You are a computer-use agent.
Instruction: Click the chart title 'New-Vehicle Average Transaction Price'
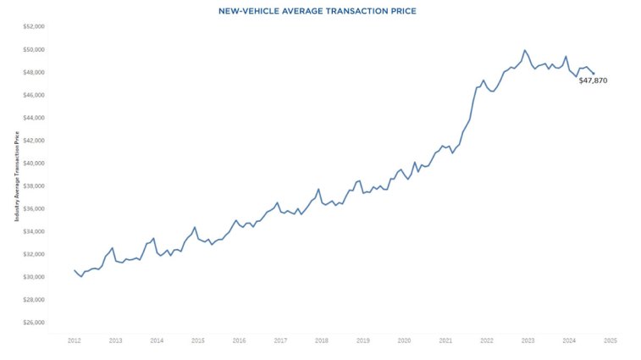click(321, 10)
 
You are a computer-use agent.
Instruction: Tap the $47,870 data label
click(593, 80)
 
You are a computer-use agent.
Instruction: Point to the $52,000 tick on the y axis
click(33, 26)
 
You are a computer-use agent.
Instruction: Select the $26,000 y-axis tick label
click(33, 323)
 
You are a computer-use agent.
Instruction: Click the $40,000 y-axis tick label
click(33, 163)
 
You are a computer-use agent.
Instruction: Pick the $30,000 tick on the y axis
click(33, 277)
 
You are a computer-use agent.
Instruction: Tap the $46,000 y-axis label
click(33, 95)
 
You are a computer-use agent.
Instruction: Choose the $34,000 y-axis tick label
click(33, 231)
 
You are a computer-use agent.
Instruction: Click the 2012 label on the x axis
click(75, 341)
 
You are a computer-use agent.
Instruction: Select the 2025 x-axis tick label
click(610, 341)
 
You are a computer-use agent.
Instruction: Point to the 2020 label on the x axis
click(404, 341)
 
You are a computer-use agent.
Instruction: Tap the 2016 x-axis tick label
click(239, 341)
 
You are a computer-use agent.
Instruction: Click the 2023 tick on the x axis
click(528, 341)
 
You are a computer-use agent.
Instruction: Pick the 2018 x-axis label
click(322, 341)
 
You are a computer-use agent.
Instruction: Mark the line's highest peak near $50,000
click(524, 50)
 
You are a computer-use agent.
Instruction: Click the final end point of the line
click(594, 73)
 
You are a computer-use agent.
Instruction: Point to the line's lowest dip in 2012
click(81, 276)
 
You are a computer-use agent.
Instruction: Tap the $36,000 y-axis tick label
click(33, 208)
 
